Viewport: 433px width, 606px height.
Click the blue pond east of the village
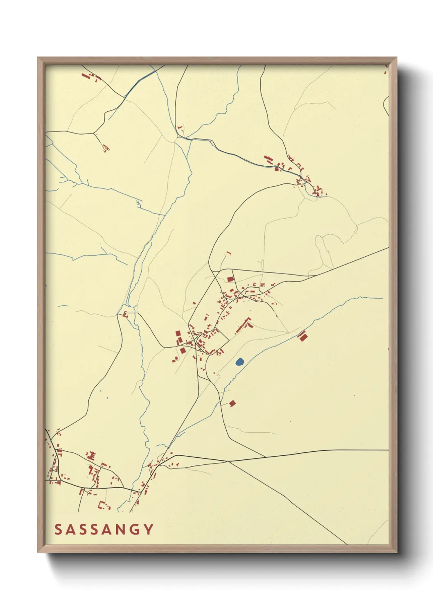click(240, 362)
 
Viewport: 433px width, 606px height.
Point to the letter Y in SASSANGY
click(148, 529)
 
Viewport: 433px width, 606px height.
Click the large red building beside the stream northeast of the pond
click(302, 336)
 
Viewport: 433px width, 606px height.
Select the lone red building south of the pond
click(232, 403)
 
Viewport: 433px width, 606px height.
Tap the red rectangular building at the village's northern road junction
click(230, 279)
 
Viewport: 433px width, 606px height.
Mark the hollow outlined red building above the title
click(104, 506)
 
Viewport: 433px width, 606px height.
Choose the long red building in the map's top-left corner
click(86, 76)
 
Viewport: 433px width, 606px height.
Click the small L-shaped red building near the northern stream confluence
click(180, 129)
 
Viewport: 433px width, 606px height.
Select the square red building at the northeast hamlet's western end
click(268, 159)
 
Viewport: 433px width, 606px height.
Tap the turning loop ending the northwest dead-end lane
click(105, 147)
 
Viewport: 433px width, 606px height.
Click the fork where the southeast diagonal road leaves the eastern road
click(229, 461)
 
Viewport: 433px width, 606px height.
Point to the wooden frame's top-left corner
click(38, 58)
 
